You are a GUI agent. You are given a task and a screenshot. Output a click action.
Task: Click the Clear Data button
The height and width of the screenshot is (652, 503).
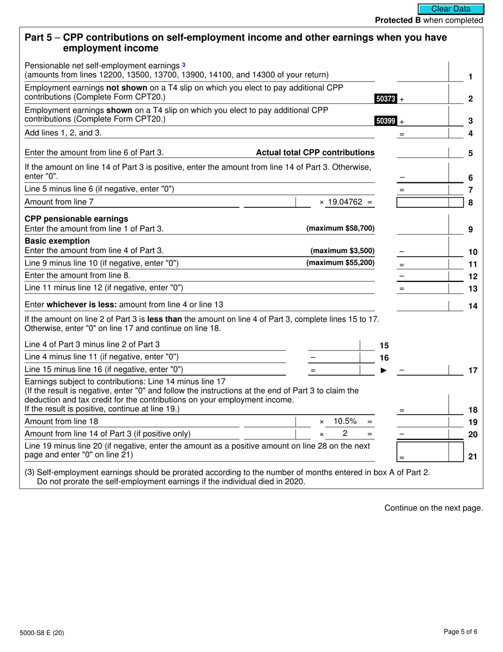click(451, 9)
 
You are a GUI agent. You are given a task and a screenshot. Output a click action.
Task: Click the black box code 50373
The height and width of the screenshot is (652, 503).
click(385, 99)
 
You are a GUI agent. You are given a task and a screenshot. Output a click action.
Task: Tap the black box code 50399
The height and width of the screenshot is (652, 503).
click(385, 121)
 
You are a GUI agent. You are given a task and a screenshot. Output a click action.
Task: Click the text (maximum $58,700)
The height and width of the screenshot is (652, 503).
click(340, 228)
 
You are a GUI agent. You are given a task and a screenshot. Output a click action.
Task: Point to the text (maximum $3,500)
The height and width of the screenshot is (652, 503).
click(342, 251)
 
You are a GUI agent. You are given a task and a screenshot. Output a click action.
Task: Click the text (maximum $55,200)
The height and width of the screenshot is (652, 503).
click(340, 262)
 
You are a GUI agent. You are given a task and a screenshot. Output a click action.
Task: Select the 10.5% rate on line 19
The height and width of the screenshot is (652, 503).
click(345, 421)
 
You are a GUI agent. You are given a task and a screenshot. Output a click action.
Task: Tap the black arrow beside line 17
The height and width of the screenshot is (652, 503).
click(384, 370)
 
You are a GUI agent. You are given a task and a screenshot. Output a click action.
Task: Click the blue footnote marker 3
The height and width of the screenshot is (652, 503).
click(184, 65)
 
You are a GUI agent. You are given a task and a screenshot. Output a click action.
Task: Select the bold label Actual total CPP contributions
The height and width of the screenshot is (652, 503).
click(315, 153)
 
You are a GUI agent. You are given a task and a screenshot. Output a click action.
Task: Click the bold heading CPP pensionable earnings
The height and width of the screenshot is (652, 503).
click(76, 219)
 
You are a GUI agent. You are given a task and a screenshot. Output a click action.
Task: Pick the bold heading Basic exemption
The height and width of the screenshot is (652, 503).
click(57, 241)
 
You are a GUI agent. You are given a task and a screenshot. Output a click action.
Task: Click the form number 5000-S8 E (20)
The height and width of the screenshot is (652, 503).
click(45, 632)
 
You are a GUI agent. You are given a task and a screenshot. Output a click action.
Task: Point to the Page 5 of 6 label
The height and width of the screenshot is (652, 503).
click(461, 631)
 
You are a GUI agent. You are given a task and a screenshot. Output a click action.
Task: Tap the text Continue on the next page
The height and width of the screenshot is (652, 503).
click(433, 508)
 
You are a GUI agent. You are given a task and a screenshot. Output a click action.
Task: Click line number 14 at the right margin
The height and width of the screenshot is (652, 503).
click(473, 306)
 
